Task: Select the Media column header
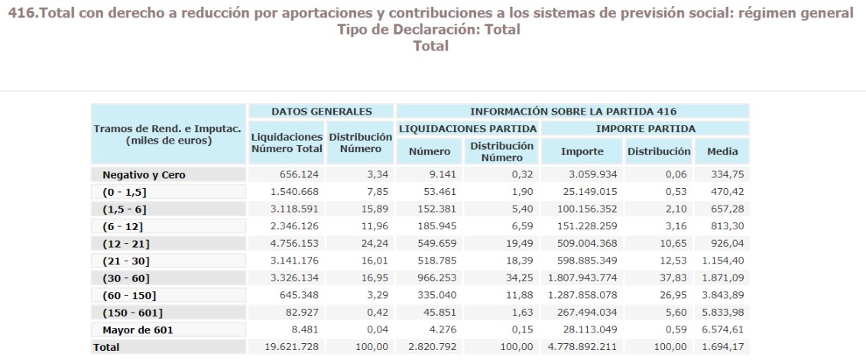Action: click(x=722, y=151)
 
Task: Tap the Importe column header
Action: click(x=582, y=151)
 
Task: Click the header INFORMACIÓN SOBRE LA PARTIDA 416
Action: click(x=572, y=112)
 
